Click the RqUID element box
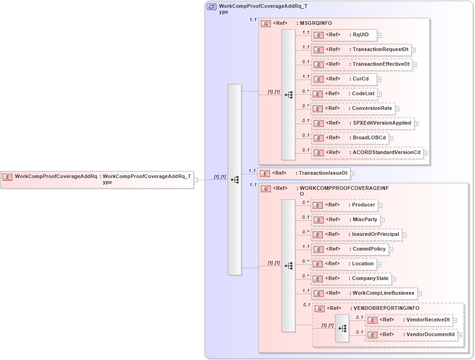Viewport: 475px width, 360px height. tap(344, 34)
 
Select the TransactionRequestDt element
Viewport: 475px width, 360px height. tap(361, 50)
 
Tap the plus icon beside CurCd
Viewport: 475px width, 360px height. tap(379, 79)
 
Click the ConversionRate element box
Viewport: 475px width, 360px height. tap(353, 109)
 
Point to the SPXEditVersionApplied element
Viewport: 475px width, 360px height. tap(363, 123)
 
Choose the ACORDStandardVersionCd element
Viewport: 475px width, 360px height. tap(367, 153)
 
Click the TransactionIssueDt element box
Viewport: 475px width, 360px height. tap(304, 173)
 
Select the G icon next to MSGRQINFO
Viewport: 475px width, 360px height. tap(266, 23)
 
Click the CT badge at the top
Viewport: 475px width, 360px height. tap(212, 7)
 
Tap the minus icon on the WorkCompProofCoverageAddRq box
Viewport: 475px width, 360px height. tap(196, 180)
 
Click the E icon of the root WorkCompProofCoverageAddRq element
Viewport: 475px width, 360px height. tap(7, 177)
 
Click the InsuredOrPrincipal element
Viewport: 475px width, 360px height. tap(356, 234)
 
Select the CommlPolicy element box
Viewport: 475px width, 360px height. tap(350, 249)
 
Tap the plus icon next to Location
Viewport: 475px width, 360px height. tap(379, 264)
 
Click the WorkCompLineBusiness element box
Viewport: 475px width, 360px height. tap(364, 293)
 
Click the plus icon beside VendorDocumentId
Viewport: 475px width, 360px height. tap(460, 335)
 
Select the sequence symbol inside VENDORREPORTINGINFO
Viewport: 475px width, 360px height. tap(342, 328)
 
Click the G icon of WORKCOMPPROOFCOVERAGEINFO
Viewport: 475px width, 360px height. tap(266, 189)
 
